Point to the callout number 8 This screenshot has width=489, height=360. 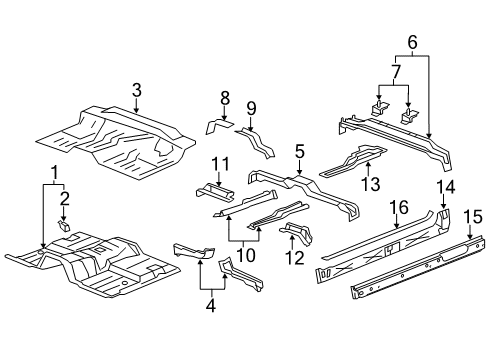point(225,97)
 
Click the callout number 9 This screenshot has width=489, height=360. point(252,108)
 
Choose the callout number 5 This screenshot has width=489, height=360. point(300,151)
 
